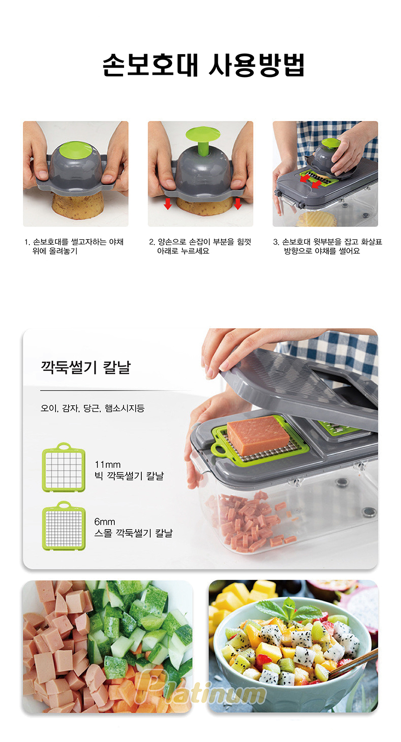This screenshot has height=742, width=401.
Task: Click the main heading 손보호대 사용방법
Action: click(203, 65)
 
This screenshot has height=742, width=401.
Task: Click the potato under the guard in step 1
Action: click(78, 206)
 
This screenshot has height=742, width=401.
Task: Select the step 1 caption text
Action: click(74, 247)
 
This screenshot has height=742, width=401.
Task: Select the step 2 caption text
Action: click(200, 247)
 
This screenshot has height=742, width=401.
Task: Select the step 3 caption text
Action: click(327, 247)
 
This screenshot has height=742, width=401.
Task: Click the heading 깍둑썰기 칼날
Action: click(86, 367)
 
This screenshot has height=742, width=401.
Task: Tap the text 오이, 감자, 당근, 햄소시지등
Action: click(92, 408)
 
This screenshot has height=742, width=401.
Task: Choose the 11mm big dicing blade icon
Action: click(63, 467)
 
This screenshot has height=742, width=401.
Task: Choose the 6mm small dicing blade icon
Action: click(63, 526)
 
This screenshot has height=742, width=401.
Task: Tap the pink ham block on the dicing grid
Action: click(258, 435)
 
